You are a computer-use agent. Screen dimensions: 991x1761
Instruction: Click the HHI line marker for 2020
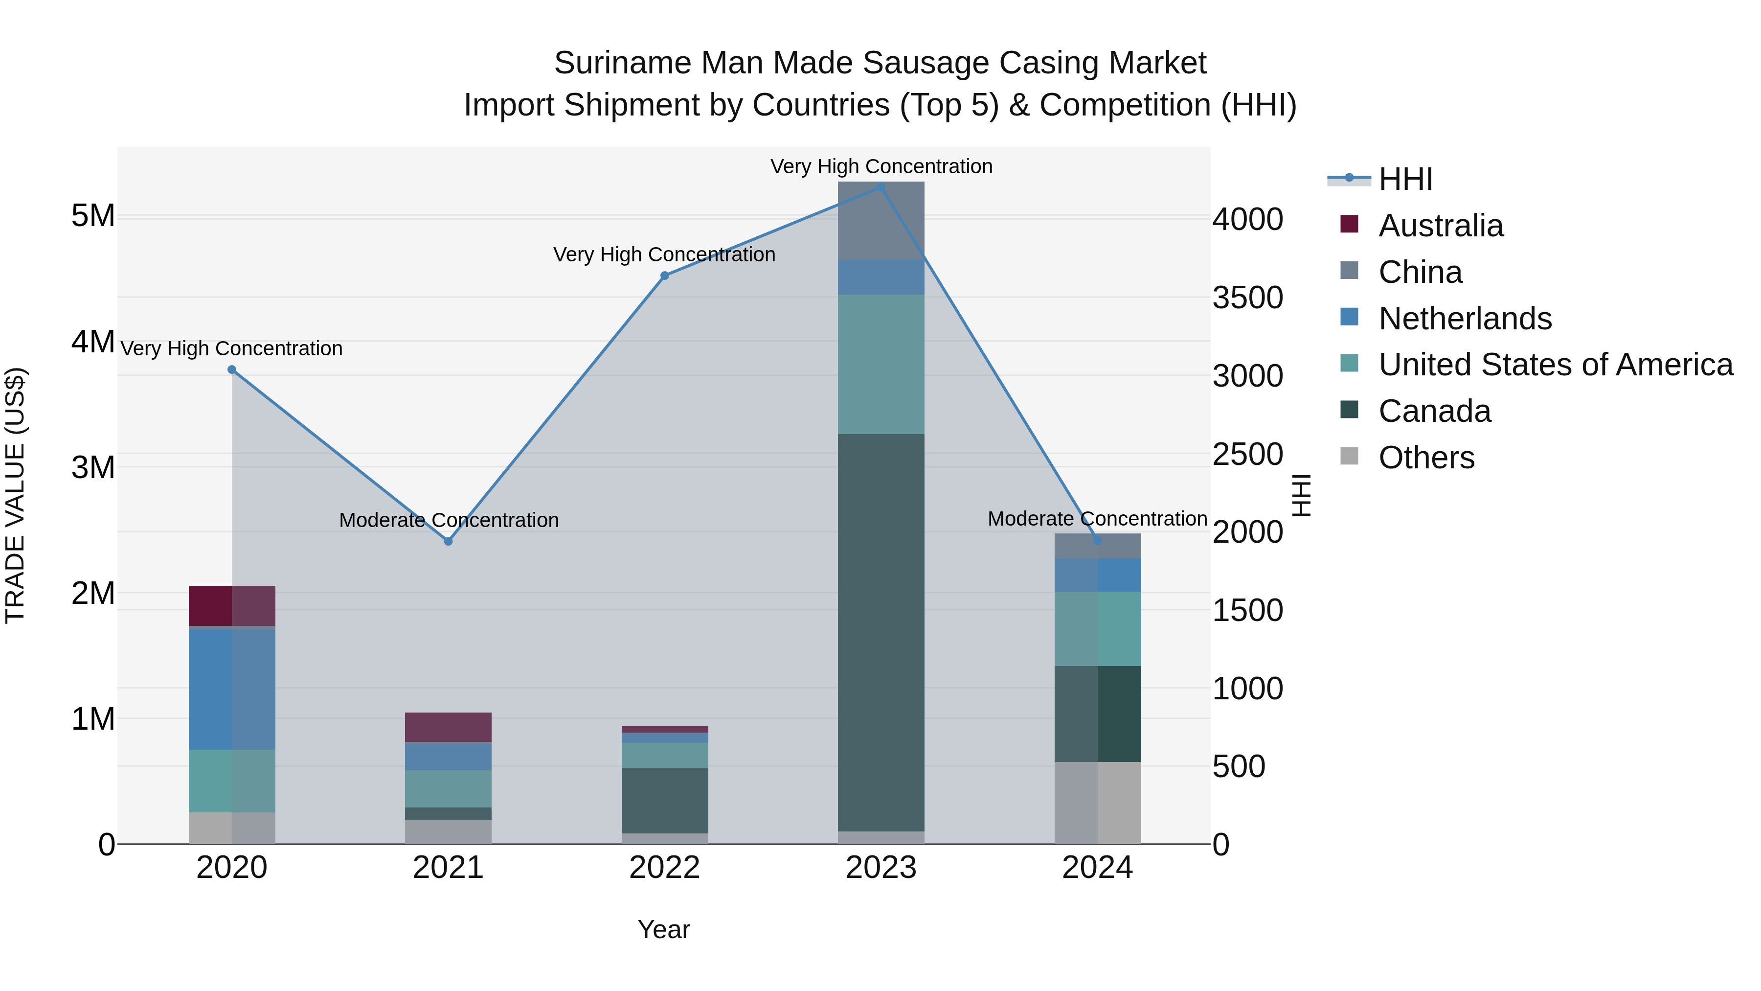232,370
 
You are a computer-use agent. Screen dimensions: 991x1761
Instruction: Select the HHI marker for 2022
664,276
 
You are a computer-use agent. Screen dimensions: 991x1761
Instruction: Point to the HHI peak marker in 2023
881,187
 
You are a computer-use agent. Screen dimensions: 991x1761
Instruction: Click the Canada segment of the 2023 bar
881,633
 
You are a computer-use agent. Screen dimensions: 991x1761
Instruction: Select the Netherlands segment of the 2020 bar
232,689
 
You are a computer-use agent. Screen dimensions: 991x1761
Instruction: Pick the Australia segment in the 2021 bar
449,728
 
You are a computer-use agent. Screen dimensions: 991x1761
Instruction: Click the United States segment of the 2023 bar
881,365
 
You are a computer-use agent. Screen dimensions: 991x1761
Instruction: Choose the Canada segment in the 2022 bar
664,801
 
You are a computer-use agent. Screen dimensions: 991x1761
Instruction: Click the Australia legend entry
1441,226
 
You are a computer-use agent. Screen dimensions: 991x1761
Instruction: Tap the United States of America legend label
1555,365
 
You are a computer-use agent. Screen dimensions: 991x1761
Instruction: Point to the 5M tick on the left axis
93,216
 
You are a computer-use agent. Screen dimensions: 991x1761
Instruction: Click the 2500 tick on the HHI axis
1247,455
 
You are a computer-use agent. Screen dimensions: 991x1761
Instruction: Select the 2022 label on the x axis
664,868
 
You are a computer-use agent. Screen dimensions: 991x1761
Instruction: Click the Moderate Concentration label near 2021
449,521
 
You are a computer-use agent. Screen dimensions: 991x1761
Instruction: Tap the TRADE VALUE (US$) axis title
16,496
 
